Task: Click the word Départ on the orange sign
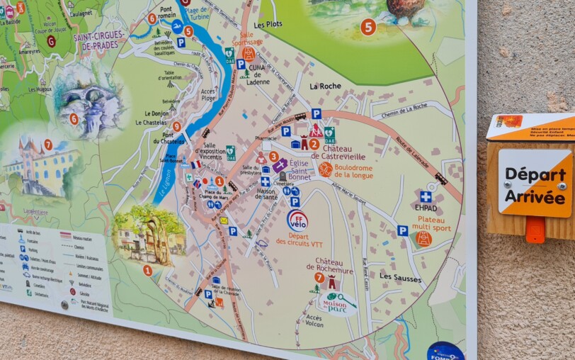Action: [x=535, y=174]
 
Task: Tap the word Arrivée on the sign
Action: [x=535, y=196]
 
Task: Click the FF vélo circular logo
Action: [x=297, y=221]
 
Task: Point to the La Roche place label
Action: [x=325, y=86]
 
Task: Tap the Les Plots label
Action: [x=268, y=24]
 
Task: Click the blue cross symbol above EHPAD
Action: [x=426, y=196]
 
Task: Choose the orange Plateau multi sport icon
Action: [x=423, y=239]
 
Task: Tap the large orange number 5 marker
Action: [x=368, y=27]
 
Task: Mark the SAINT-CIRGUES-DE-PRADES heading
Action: [x=98, y=40]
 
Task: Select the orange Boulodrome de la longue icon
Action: [x=325, y=169]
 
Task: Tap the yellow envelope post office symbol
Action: [x=224, y=221]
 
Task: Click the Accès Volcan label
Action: [x=314, y=321]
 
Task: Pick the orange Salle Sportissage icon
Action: [x=249, y=53]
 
